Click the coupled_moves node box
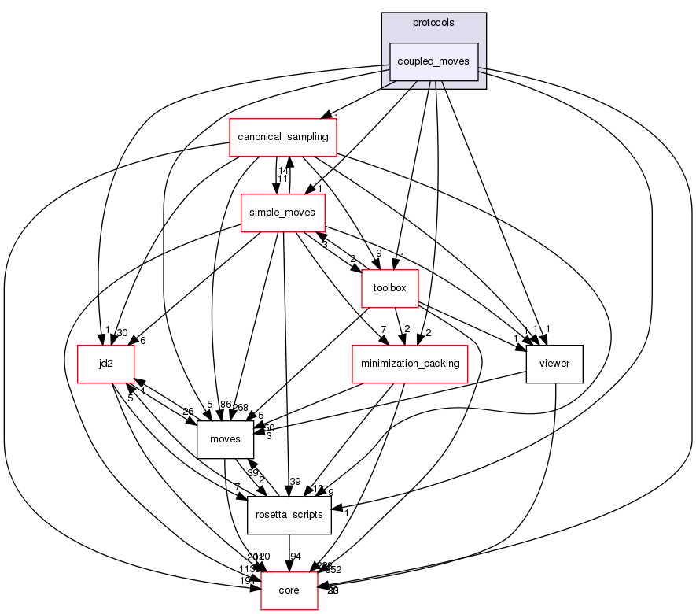point(434,61)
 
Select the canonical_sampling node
point(282,137)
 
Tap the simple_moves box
point(282,213)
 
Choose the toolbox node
point(389,288)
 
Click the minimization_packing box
point(409,364)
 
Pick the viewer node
point(554,364)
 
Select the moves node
point(225,439)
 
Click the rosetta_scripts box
point(289,515)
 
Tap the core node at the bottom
point(289,590)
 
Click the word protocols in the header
point(434,22)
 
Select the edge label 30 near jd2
point(122,333)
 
